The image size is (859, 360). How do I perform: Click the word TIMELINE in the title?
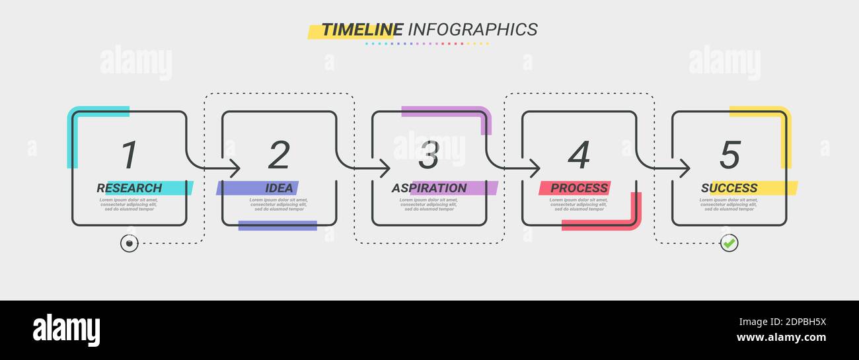point(362,30)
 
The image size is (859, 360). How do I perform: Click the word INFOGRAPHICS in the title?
point(472,30)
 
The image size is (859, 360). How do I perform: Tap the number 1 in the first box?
point(130,155)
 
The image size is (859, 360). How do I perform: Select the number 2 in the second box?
point(279,155)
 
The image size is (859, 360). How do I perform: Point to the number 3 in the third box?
point(429,155)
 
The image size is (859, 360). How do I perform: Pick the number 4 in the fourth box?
point(579,155)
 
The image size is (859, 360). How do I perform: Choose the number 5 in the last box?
point(729,155)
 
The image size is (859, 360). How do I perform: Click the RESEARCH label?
point(130,188)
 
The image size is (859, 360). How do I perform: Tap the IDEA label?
point(279,188)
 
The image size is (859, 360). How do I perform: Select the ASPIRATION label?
point(429,188)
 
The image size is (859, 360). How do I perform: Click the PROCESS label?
point(579,188)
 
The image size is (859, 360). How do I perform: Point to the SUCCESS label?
point(729,188)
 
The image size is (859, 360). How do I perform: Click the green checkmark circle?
point(729,243)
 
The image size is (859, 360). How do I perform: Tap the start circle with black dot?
point(130,243)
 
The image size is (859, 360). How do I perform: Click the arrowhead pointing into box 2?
point(235,168)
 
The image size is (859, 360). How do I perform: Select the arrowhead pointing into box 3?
point(385,168)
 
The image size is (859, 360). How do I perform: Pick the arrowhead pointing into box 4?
point(535,168)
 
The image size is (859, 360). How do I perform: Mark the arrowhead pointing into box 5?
point(685,168)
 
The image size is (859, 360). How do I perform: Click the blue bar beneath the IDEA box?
point(278,226)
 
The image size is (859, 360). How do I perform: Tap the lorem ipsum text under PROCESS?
point(579,204)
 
